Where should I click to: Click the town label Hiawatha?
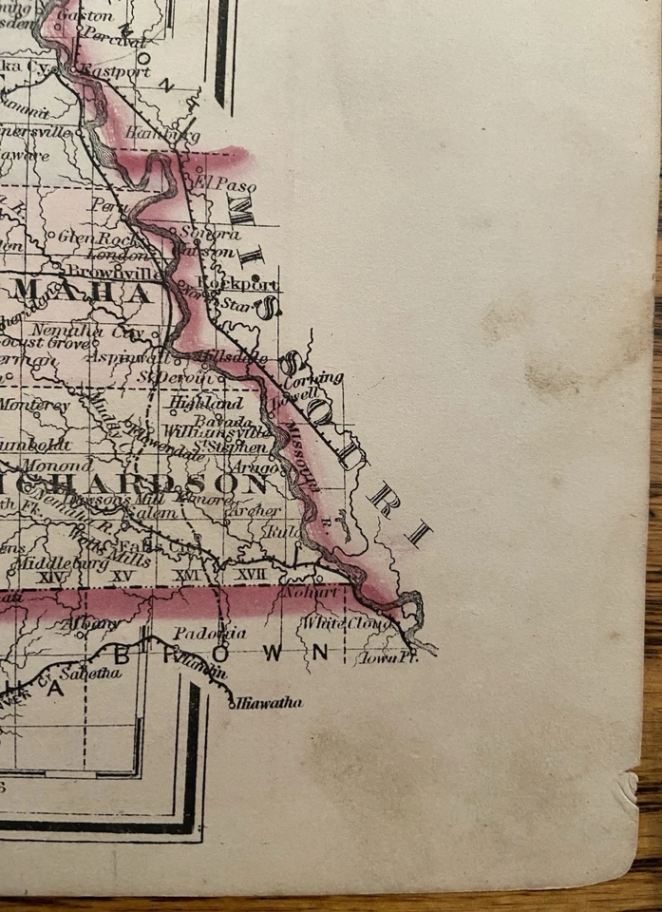click(270, 703)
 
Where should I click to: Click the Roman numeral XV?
click(122, 576)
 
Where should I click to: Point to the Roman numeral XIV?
click(47, 576)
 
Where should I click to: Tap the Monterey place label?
click(34, 404)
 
